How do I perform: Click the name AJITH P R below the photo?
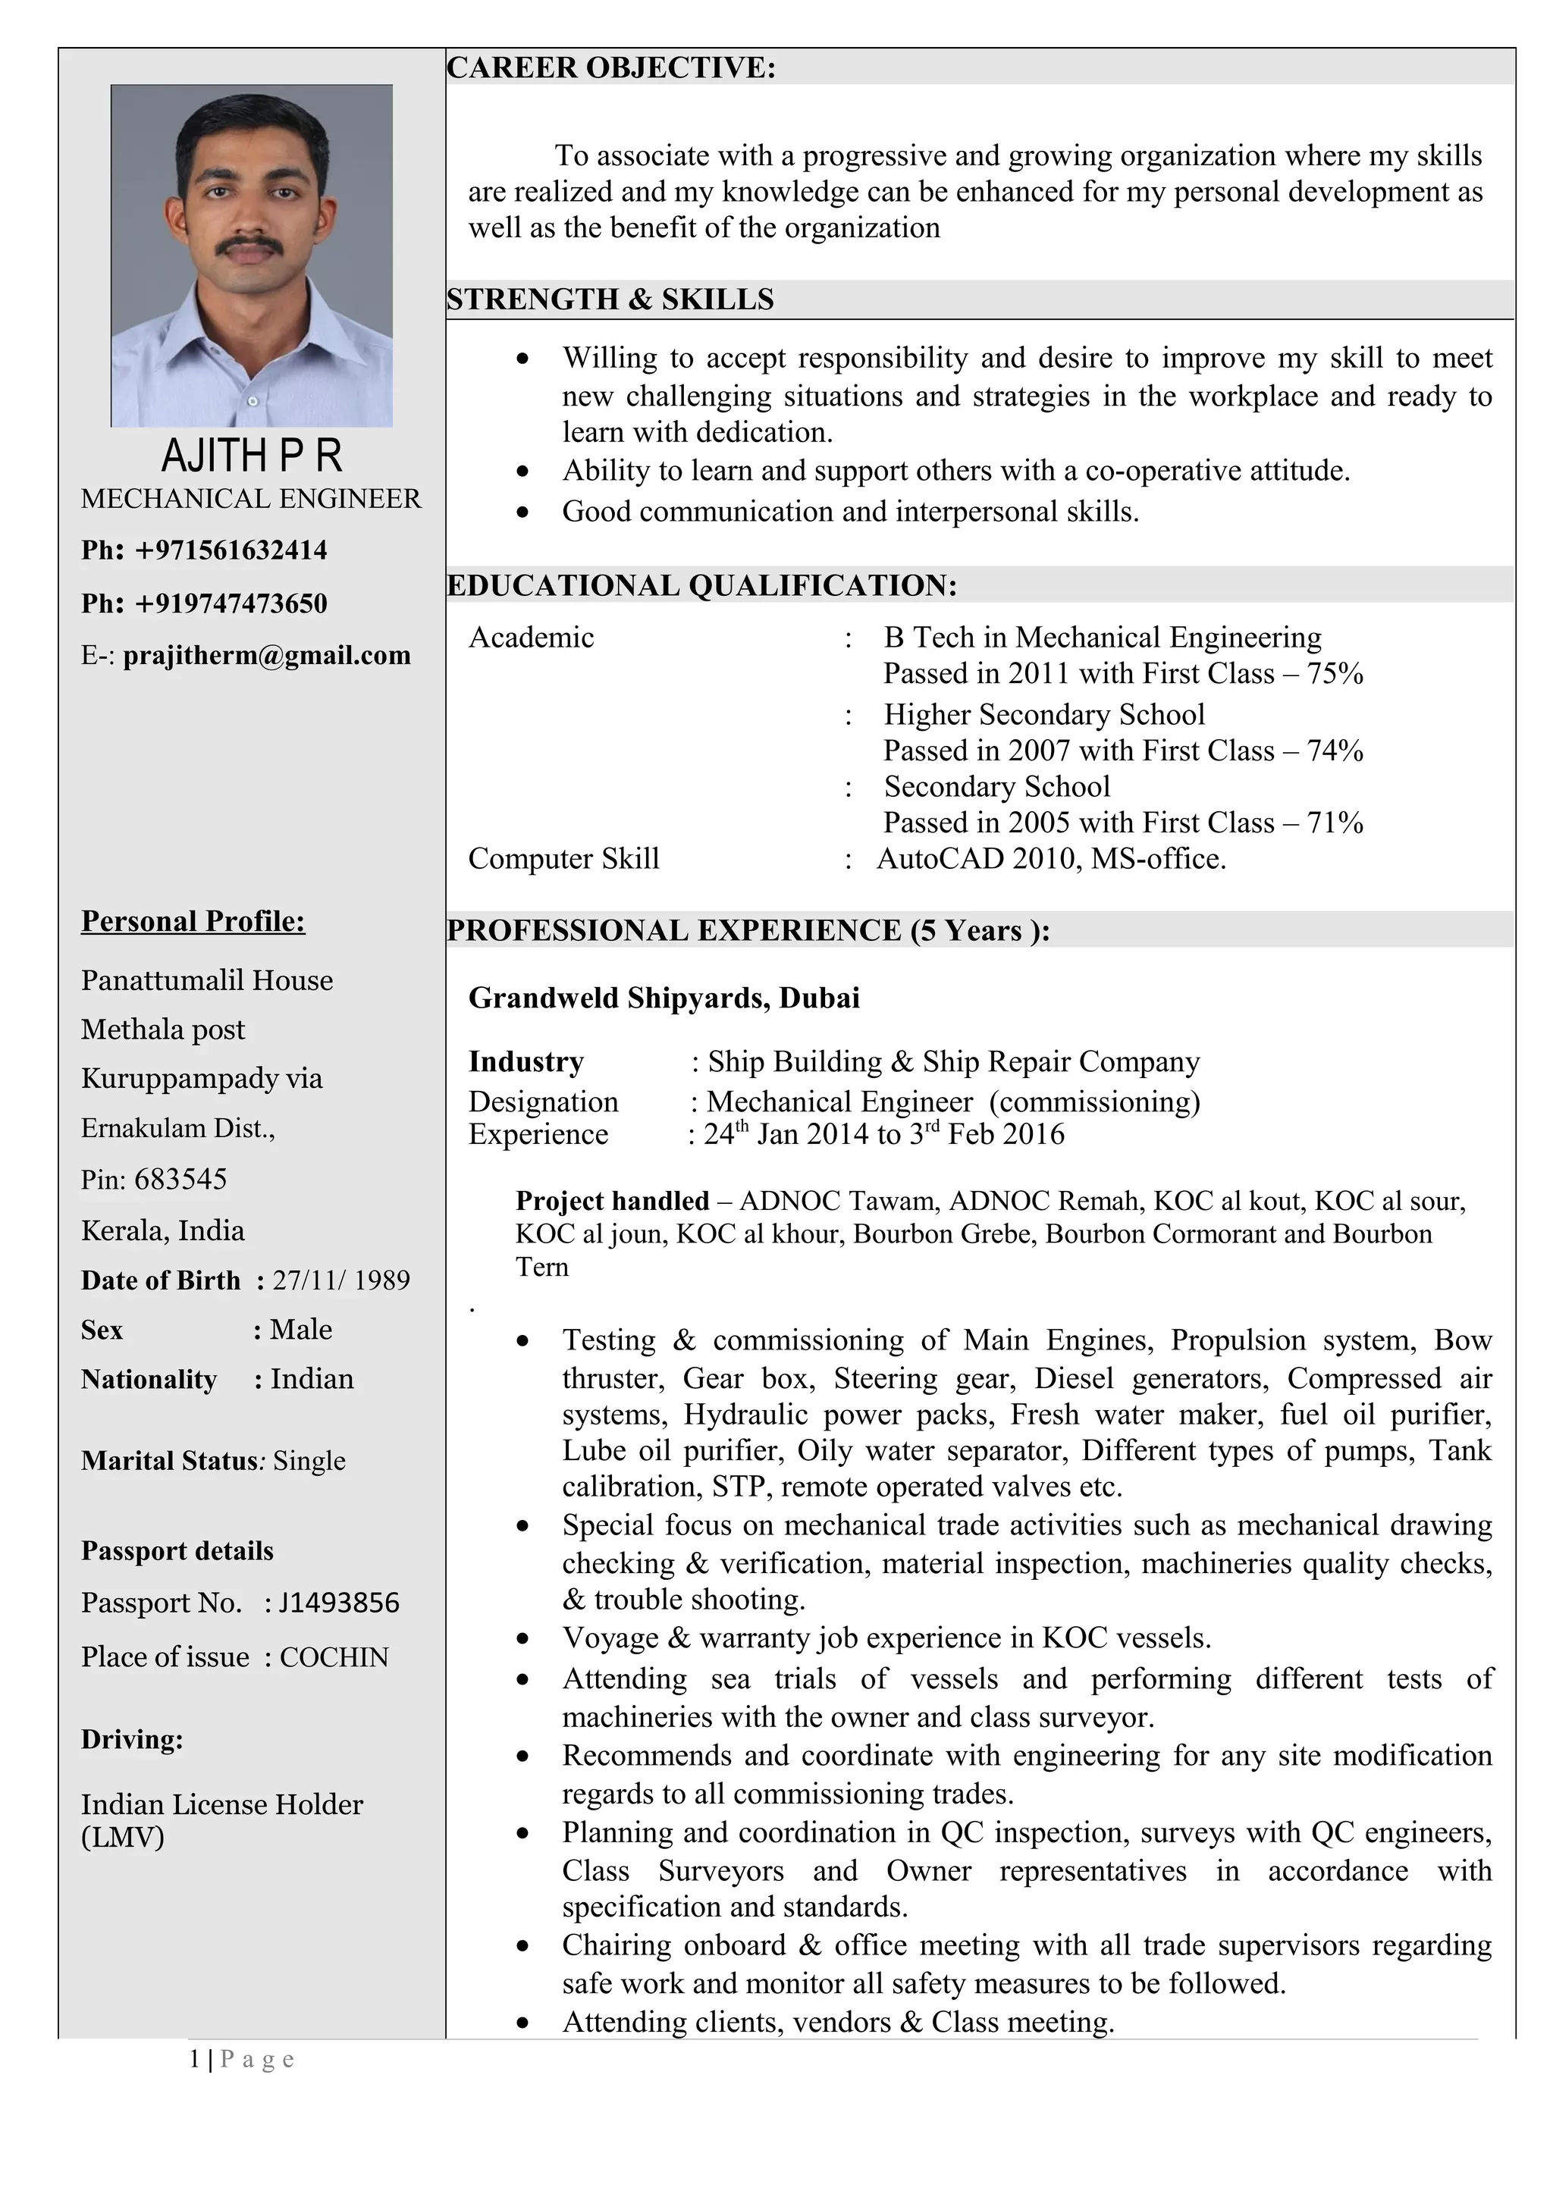click(252, 456)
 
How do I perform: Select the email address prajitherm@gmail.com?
click(267, 656)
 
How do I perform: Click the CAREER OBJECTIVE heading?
click(610, 68)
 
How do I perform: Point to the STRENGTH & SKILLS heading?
click(610, 299)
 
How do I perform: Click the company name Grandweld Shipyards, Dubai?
click(664, 998)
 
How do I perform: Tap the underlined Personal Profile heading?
click(193, 920)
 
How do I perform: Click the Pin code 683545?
click(180, 1179)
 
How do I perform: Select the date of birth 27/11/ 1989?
click(340, 1280)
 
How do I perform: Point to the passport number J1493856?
click(339, 1602)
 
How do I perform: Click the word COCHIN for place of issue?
click(334, 1656)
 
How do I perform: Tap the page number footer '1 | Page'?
click(242, 2058)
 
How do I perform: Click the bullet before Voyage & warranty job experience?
click(522, 1638)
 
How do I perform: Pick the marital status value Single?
click(309, 1460)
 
